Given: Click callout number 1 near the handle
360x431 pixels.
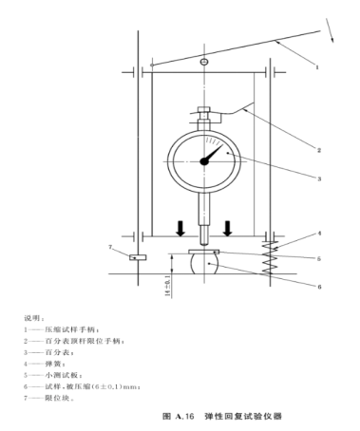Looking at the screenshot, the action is pyautogui.click(x=317, y=67).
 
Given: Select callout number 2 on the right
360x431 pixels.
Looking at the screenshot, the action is pyautogui.click(x=319, y=150).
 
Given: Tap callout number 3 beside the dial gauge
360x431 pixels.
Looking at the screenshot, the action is pyautogui.click(x=319, y=178).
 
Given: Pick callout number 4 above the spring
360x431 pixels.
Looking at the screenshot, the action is pyautogui.click(x=319, y=234).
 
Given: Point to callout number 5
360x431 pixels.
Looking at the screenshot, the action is pyautogui.click(x=319, y=259).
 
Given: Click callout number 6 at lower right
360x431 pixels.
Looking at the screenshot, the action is pyautogui.click(x=319, y=287).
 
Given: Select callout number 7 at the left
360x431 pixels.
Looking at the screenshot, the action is pyautogui.click(x=110, y=247).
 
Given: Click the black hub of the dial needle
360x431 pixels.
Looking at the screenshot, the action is pyautogui.click(x=204, y=161).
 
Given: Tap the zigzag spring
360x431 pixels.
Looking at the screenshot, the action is pyautogui.click(x=270, y=258).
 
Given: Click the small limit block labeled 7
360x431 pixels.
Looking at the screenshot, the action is pyautogui.click(x=138, y=257).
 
